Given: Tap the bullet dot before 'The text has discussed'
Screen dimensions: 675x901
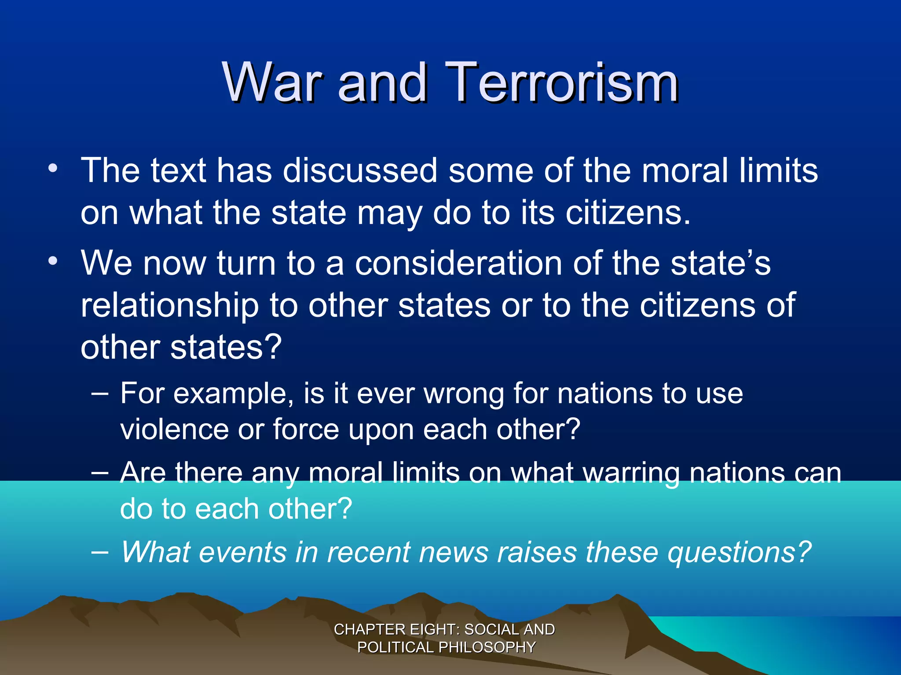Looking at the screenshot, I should click(53, 168).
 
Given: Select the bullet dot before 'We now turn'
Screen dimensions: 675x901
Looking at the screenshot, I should click(53, 261).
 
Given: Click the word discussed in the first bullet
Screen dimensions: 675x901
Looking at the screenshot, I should click(360, 171).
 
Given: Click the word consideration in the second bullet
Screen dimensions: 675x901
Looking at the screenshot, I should click(459, 263).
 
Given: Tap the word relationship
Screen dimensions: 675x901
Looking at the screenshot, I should click(169, 305).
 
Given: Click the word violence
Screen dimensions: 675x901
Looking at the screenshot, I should click(174, 429).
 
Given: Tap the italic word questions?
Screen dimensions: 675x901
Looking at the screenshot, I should click(739, 552).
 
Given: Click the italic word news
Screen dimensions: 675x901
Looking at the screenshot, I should click(453, 552).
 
